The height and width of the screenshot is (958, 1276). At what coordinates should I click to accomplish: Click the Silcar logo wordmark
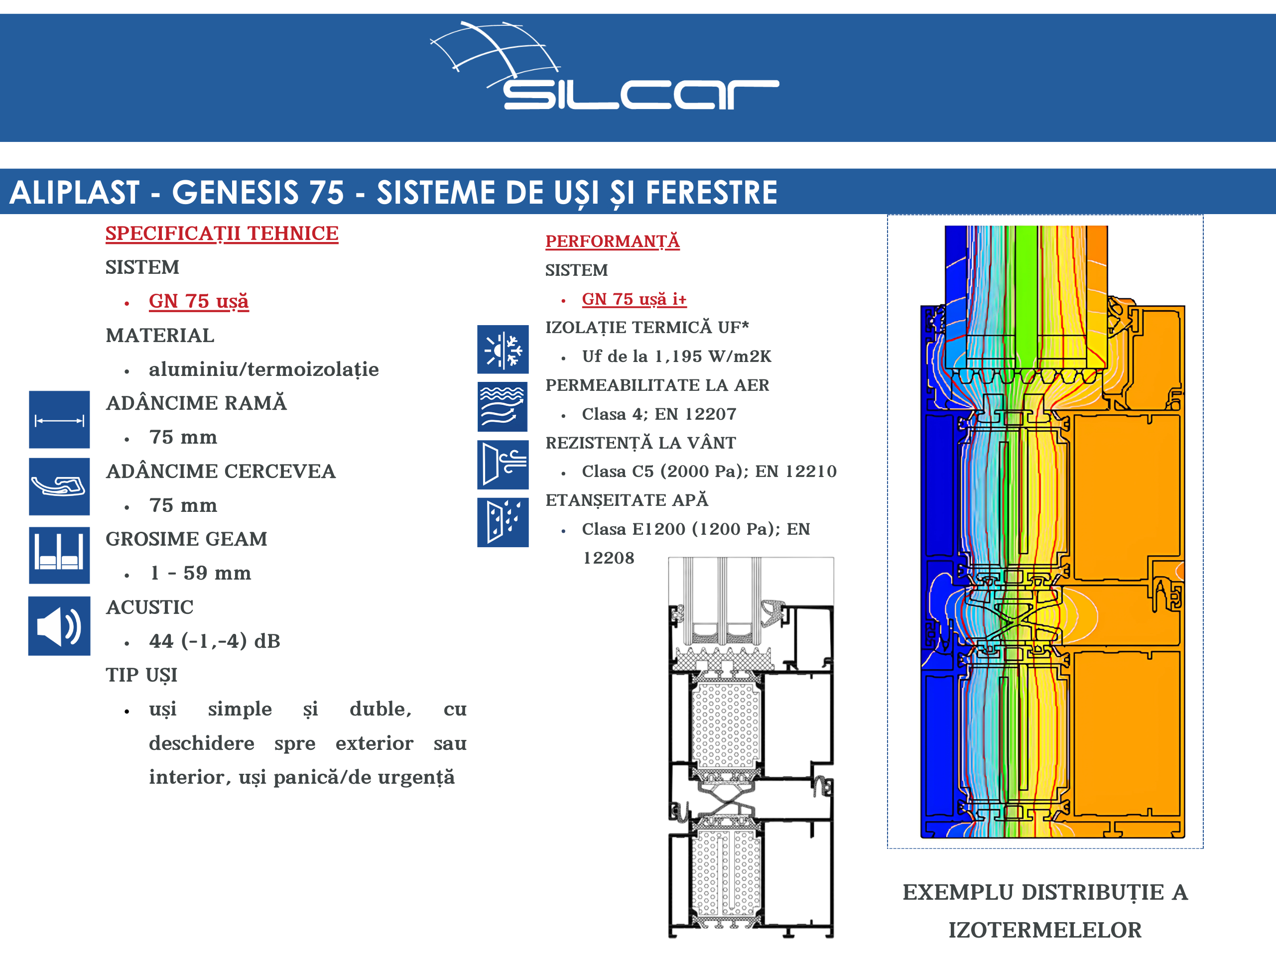641,95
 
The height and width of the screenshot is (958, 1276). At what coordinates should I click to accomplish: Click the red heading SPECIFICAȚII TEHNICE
222,234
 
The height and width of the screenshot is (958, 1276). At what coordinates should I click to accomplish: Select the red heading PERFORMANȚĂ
612,241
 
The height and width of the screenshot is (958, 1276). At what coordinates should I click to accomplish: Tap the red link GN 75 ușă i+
634,299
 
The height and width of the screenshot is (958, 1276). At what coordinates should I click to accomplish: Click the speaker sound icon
59,626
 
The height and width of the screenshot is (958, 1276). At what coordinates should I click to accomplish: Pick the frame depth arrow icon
59,420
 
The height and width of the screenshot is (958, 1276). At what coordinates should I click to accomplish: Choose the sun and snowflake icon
503,349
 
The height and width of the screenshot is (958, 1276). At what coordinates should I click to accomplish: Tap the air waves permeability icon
503,407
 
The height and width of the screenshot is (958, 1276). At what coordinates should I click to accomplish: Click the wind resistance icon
503,465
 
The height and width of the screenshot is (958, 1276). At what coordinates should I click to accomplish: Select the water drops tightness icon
503,522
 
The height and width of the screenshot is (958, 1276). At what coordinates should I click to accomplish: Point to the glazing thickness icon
59,555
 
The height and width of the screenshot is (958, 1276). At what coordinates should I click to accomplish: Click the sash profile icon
59,486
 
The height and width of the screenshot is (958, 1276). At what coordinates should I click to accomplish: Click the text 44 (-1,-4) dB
215,641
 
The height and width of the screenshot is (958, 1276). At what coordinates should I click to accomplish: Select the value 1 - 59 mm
200,573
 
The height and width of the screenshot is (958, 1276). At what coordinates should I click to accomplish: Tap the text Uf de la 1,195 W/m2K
677,357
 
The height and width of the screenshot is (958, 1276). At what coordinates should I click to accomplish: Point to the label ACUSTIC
149,607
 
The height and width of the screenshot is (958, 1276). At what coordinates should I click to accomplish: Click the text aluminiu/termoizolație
263,369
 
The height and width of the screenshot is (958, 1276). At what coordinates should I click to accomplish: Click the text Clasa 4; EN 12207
659,414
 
